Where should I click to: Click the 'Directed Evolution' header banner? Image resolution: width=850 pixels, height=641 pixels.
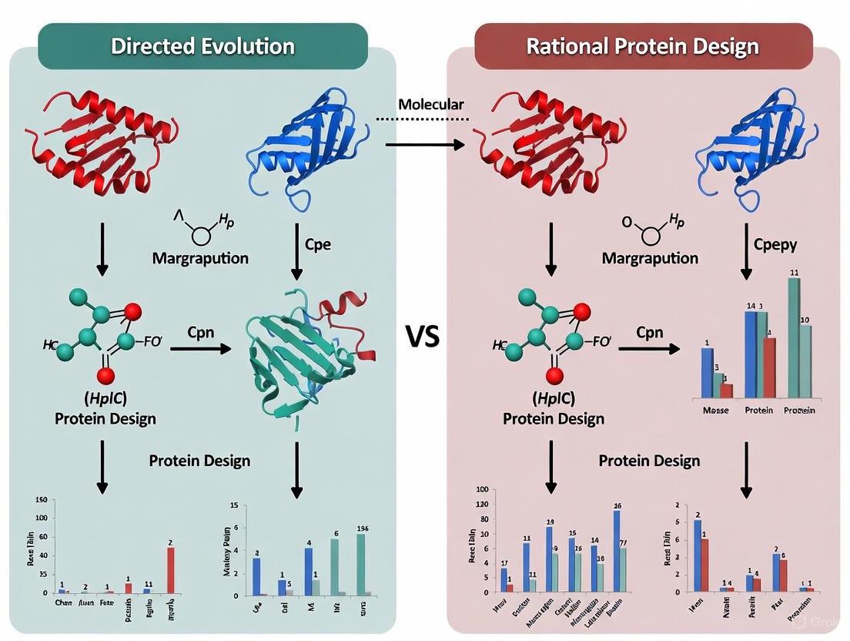click(x=202, y=45)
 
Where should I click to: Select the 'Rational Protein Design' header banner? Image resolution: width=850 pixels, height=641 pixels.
click(x=643, y=45)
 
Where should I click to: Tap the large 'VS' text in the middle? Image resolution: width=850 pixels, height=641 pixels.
click(x=423, y=336)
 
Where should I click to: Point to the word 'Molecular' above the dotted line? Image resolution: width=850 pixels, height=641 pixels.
click(x=431, y=104)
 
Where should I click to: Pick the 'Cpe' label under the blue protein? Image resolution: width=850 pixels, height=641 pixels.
click(x=317, y=244)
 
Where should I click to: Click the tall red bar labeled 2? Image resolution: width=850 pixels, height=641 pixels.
click(x=170, y=569)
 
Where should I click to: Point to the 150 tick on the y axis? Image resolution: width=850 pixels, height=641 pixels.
click(x=40, y=499)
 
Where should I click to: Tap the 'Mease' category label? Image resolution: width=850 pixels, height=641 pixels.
click(x=715, y=411)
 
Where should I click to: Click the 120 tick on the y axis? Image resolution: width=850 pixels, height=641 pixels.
click(x=483, y=504)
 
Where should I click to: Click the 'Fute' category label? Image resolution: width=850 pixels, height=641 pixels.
click(x=107, y=605)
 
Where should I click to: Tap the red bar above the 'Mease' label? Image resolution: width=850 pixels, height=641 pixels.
click(x=727, y=389)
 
